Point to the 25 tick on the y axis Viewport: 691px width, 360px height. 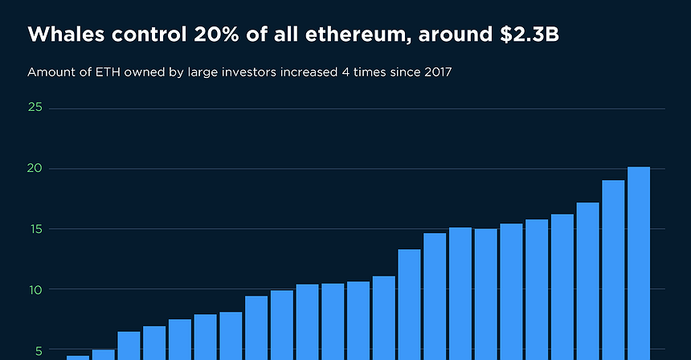pyautogui.click(x=35, y=108)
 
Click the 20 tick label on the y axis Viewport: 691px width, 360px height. pyautogui.click(x=35, y=169)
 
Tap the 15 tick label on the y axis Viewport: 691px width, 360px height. pyautogui.click(x=35, y=229)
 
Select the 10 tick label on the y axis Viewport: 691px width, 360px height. pyautogui.click(x=35, y=289)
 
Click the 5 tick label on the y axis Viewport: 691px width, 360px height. pyautogui.click(x=37, y=350)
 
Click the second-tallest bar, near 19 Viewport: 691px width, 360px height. pyautogui.click(x=613, y=270)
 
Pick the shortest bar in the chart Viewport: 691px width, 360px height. pyautogui.click(x=78, y=358)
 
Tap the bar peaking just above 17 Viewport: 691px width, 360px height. pyautogui.click(x=587, y=281)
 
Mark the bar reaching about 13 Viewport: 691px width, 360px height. pyautogui.click(x=409, y=305)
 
